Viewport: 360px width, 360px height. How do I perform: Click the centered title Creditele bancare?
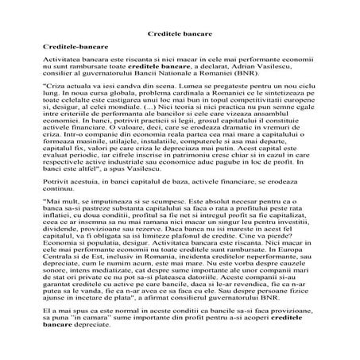[x=179, y=36]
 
